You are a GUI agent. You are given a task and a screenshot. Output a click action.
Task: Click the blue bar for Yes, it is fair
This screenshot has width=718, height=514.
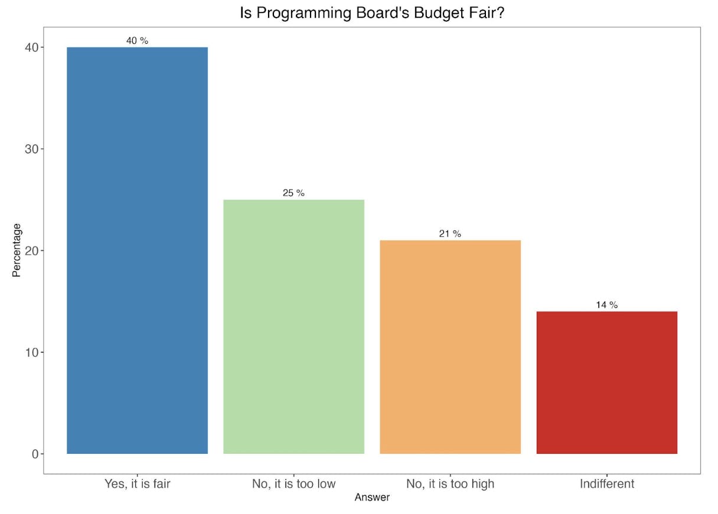click(137, 251)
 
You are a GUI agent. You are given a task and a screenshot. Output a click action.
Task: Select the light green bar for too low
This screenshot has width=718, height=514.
click(293, 327)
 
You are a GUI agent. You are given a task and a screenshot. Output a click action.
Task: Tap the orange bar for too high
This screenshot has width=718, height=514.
click(450, 347)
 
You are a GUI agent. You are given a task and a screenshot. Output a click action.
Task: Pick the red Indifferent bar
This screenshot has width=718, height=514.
click(606, 382)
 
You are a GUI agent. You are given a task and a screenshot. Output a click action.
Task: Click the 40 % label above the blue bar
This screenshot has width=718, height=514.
click(137, 41)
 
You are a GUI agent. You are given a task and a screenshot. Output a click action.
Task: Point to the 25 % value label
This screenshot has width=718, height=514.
click(293, 193)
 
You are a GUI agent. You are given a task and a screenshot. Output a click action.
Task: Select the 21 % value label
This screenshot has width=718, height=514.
click(450, 234)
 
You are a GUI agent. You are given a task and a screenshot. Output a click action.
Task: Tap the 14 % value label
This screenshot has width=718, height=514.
click(606, 305)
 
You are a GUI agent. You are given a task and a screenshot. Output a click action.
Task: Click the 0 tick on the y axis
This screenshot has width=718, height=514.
click(34, 454)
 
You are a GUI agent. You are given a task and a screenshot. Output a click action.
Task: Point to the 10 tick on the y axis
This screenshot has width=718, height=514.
click(31, 352)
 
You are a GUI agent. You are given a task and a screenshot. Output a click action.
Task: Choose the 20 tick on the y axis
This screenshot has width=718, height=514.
click(31, 251)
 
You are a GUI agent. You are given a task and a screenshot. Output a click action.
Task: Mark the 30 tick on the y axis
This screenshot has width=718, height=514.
click(31, 149)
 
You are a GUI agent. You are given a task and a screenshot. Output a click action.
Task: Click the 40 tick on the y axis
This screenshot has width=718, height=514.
click(31, 47)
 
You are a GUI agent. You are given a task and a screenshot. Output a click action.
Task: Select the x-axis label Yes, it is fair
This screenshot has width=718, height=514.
click(137, 484)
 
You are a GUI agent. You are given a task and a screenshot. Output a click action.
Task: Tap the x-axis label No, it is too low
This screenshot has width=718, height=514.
click(293, 484)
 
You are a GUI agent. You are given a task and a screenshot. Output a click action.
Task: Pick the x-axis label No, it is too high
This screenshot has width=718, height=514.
click(450, 484)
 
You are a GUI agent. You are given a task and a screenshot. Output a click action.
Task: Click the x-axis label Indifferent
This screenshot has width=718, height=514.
click(606, 484)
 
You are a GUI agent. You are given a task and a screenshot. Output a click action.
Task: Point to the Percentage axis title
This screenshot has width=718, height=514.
click(17, 250)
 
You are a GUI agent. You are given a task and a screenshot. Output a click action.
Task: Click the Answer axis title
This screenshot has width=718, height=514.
click(372, 497)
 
